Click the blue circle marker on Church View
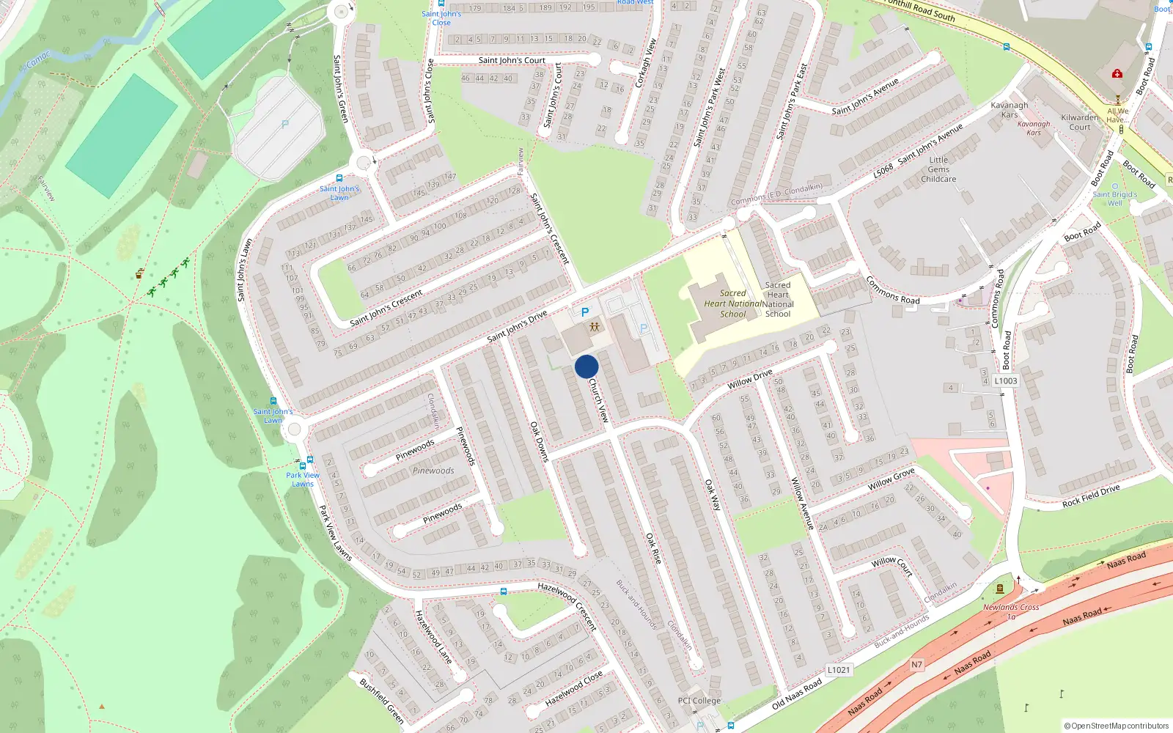586,366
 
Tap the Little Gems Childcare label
938,169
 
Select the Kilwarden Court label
1080,122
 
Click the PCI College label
699,701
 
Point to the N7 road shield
917,665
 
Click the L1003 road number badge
1006,380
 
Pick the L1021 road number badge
839,670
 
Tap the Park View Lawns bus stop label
303,479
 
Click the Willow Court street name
891,566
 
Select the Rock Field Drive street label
1091,496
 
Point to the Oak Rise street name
653,548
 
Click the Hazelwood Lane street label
433,637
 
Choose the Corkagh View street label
645,63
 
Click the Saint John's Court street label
512,60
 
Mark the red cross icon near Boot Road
1117,73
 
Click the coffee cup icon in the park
139,274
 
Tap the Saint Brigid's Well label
1114,199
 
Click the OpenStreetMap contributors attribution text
1117,726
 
